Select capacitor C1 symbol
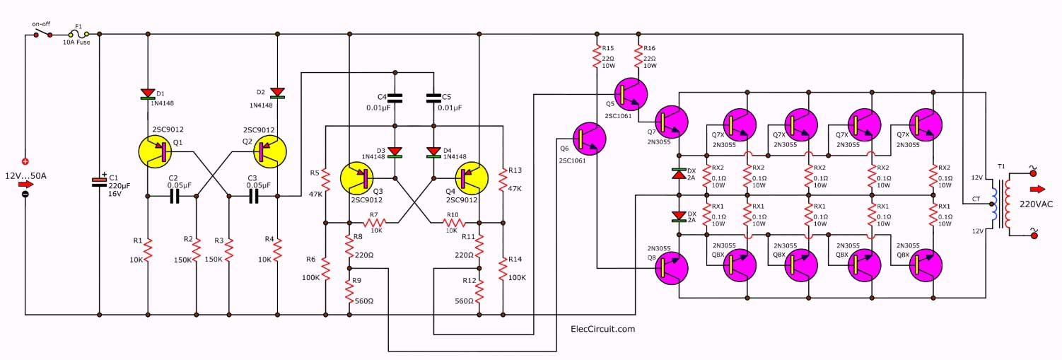click(99, 182)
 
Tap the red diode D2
click(277, 92)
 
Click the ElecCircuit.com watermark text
click(602, 329)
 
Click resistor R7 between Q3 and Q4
click(374, 223)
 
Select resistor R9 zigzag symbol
click(349, 290)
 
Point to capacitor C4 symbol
click(395, 98)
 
